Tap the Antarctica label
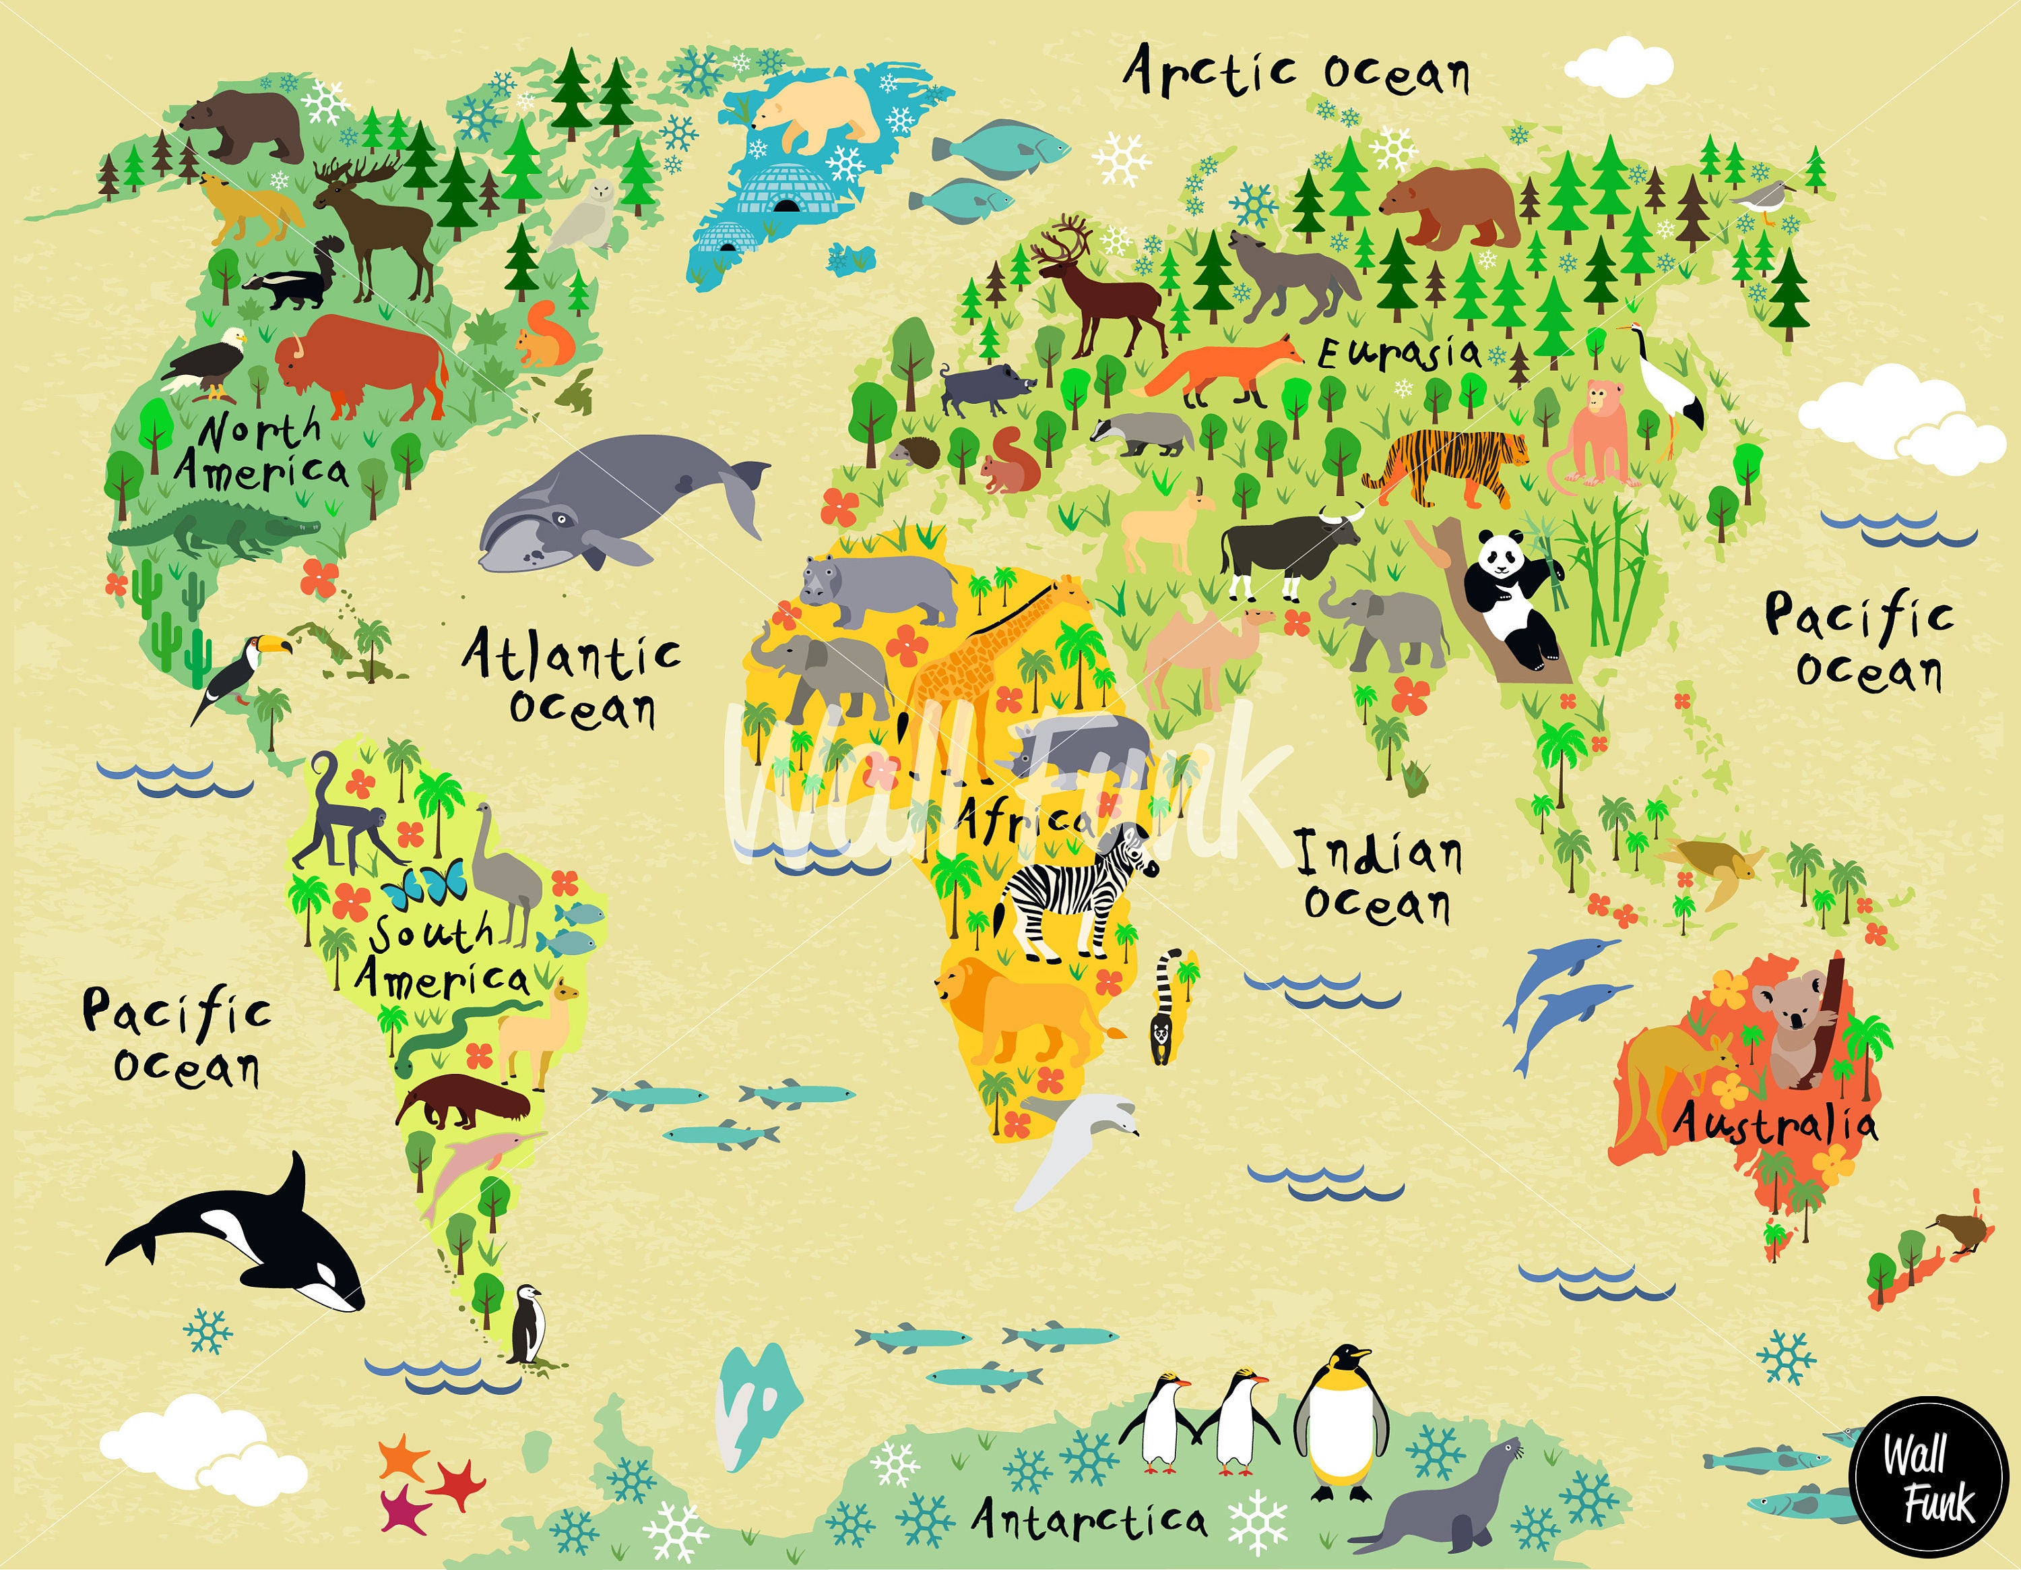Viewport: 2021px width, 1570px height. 1089,1518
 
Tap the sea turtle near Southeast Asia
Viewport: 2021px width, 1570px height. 1712,866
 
